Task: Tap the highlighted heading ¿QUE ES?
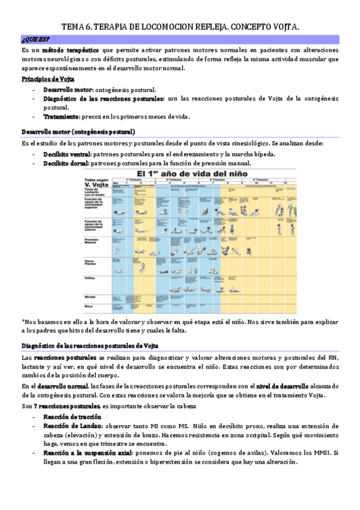coord(32,40)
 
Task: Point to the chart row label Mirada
coord(91,296)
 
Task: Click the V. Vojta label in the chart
coord(96,184)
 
